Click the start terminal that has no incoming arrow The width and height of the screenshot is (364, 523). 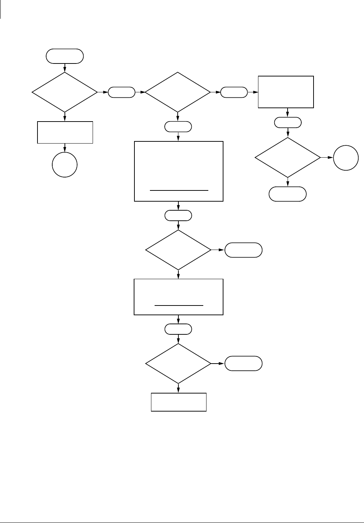(x=65, y=56)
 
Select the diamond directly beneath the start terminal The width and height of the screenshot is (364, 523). (x=65, y=92)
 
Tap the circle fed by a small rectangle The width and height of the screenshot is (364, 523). (x=65, y=165)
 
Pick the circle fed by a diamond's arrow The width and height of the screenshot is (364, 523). (x=346, y=158)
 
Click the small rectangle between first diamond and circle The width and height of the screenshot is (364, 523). (x=65, y=132)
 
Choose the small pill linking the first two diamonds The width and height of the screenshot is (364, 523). (x=121, y=92)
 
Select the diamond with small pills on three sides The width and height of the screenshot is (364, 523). (x=178, y=92)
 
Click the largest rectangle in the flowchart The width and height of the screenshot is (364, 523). (x=179, y=171)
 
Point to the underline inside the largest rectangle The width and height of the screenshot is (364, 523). (x=179, y=190)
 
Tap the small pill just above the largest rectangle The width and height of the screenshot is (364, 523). (x=178, y=127)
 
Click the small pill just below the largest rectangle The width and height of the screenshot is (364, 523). (x=178, y=216)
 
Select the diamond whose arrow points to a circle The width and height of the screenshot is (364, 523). (x=288, y=158)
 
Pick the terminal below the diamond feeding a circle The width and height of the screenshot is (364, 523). (x=288, y=194)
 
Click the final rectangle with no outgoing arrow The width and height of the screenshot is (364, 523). (x=179, y=402)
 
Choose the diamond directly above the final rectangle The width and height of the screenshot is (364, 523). (x=178, y=363)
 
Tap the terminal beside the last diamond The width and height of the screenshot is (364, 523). (x=243, y=364)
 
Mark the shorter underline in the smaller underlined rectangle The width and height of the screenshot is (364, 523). (x=179, y=306)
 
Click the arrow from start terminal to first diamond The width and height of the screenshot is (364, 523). (x=65, y=68)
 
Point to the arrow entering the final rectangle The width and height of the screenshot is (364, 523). (x=178, y=388)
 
